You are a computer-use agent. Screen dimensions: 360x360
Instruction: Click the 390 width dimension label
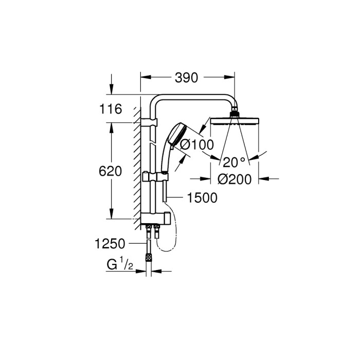pyautogui.click(x=186, y=78)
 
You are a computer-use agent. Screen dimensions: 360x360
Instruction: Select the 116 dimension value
pyautogui.click(x=111, y=109)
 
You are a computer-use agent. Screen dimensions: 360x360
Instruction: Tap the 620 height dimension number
pyautogui.click(x=111, y=171)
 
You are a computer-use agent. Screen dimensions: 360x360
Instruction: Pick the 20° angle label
pyautogui.click(x=234, y=162)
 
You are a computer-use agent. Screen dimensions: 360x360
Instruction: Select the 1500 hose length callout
pyautogui.click(x=203, y=197)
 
